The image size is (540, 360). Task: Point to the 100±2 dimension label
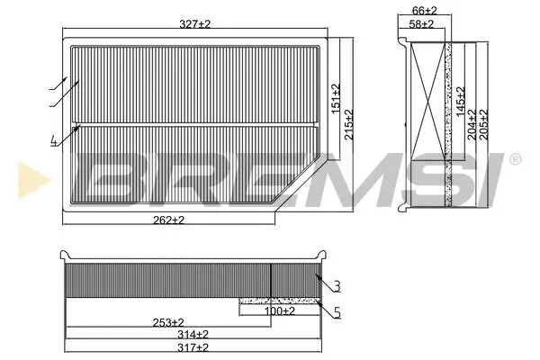pyautogui.click(x=279, y=310)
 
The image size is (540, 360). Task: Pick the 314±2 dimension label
pyautogui.click(x=192, y=334)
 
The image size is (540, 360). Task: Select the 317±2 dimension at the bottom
pyautogui.click(x=192, y=347)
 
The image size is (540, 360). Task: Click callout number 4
pyautogui.click(x=54, y=139)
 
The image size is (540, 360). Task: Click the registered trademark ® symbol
pyautogui.click(x=514, y=159)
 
